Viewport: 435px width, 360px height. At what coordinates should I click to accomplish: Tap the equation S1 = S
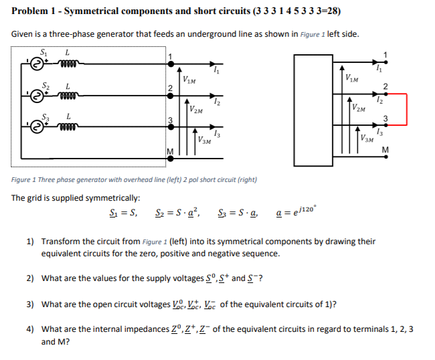coord(124,214)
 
